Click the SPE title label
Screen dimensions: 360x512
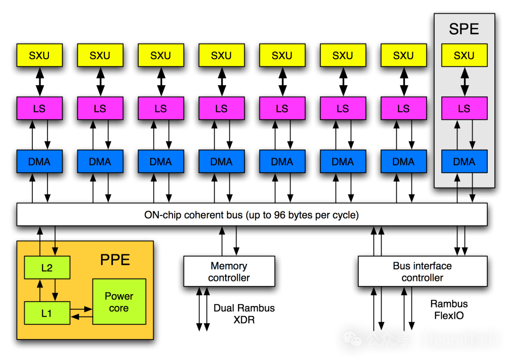tap(464, 29)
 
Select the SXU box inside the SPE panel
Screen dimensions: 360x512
tap(464, 55)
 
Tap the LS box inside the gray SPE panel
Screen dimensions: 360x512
tap(464, 108)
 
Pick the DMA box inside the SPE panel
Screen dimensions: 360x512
tap(464, 161)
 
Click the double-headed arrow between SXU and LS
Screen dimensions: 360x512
tap(465, 81)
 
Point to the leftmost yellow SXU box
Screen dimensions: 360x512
tap(39, 55)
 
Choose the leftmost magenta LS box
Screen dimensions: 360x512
tap(39, 108)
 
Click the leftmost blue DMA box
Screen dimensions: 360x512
tap(39, 161)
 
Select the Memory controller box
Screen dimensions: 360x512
tap(229, 271)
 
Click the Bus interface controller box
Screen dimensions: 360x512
tap(422, 271)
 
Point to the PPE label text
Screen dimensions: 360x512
tap(115, 260)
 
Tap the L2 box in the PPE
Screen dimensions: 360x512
tap(47, 268)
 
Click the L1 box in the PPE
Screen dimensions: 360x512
tap(47, 313)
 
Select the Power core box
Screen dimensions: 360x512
tap(119, 302)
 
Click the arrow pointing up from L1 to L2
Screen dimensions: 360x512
tap(40, 290)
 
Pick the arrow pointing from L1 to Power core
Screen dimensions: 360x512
tap(81, 309)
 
